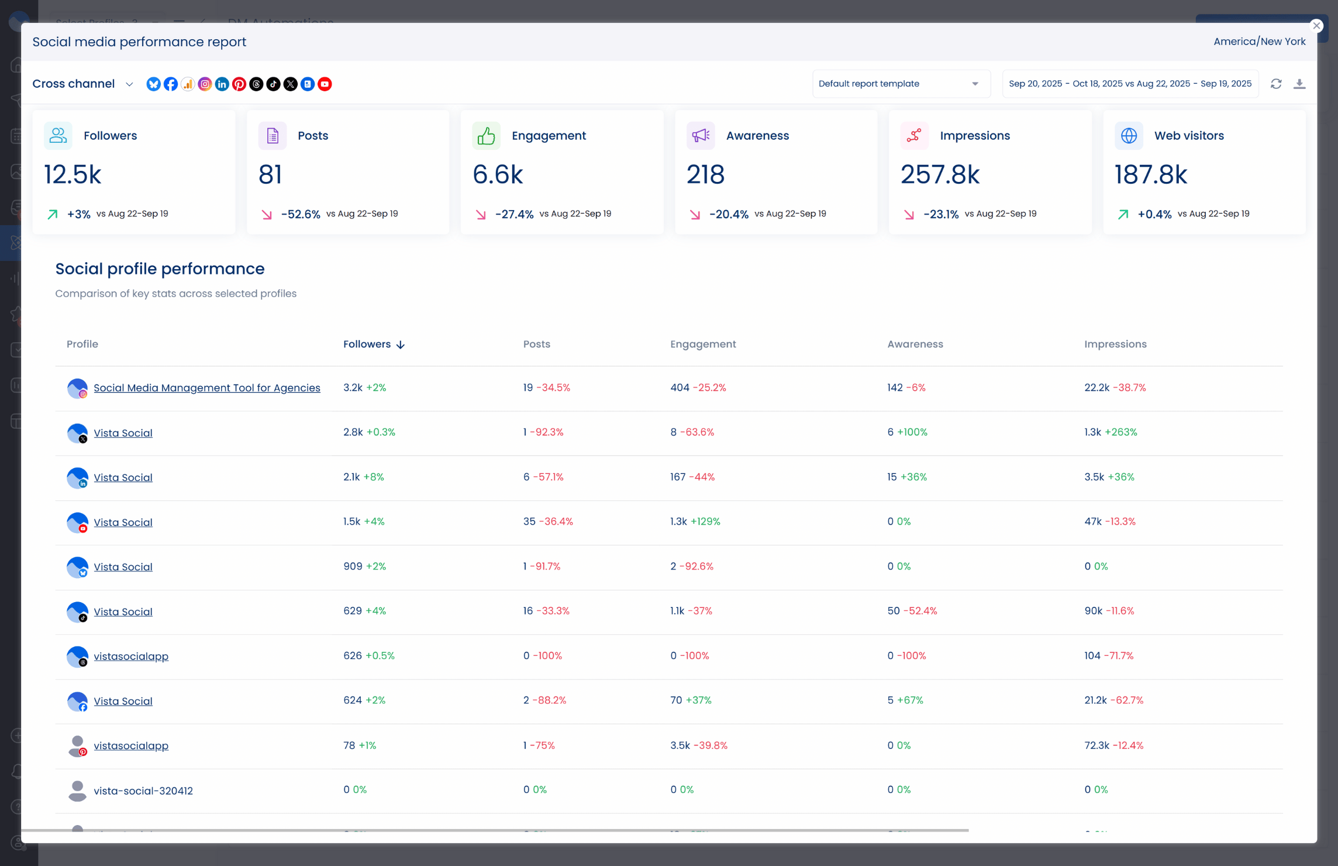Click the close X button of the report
(x=1316, y=26)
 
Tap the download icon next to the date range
(x=1299, y=84)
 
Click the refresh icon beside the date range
(x=1276, y=84)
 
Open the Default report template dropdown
(x=900, y=84)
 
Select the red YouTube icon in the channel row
(x=325, y=84)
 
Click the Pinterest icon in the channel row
(x=239, y=84)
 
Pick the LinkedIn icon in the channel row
(x=222, y=84)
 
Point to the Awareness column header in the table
(x=915, y=344)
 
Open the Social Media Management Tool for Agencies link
(x=206, y=388)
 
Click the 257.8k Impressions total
(x=939, y=174)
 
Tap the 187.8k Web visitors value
(x=1150, y=174)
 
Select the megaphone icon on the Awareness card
(x=700, y=136)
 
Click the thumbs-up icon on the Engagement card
(x=486, y=136)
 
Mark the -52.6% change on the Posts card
(x=301, y=214)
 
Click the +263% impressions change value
(x=1120, y=432)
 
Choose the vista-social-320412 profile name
(x=143, y=791)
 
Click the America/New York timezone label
(x=1259, y=42)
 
